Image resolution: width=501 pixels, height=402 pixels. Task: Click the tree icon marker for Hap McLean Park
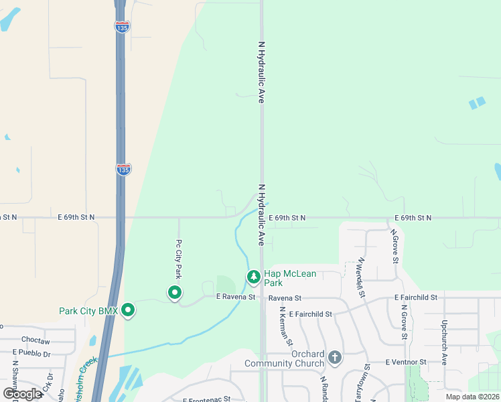(x=253, y=276)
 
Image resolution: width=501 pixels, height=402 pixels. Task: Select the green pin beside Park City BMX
(x=127, y=310)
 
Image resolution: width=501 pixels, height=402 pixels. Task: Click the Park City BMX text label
(x=88, y=311)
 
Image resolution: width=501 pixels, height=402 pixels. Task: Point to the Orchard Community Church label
(x=294, y=358)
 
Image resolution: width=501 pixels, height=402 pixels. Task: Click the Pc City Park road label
(x=178, y=259)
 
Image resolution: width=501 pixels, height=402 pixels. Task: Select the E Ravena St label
(x=236, y=297)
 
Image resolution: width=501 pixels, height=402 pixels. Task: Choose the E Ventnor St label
(x=406, y=362)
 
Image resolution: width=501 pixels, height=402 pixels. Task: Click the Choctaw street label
(x=35, y=341)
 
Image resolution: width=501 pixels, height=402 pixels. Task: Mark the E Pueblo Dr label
(x=32, y=352)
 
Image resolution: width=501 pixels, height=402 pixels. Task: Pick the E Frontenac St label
(x=206, y=399)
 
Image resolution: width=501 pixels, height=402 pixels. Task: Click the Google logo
(x=22, y=394)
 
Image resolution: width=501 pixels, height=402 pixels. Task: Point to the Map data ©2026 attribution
(x=472, y=397)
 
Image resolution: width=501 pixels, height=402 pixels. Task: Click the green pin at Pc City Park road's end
(x=174, y=292)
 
